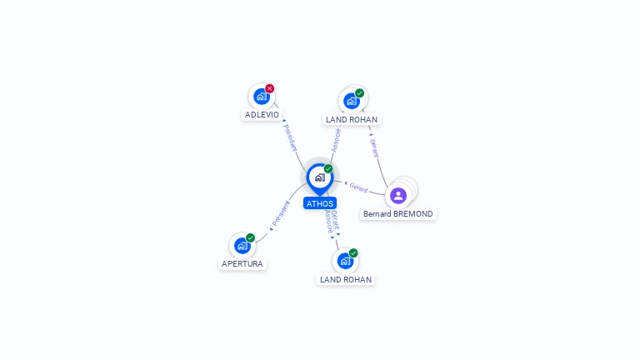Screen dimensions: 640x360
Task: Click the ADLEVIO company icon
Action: [262, 97]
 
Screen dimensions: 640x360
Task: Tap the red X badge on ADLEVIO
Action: [269, 88]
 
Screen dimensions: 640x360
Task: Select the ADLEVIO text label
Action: [262, 115]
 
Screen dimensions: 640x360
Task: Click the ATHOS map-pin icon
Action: [320, 179]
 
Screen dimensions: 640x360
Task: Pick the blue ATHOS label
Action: [320, 203]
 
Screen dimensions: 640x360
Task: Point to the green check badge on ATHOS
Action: [328, 168]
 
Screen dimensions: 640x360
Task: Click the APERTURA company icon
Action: [242, 246]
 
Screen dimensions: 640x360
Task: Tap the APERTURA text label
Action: [242, 263]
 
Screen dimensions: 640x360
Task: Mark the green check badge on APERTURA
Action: [250, 237]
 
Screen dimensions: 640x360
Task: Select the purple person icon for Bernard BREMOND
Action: [398, 196]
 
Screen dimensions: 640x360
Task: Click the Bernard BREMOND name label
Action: [398, 214]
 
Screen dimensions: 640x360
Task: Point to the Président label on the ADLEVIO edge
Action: [290, 138]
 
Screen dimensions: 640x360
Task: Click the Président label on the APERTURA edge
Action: [280, 213]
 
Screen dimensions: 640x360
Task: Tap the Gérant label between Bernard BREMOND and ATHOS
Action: [358, 187]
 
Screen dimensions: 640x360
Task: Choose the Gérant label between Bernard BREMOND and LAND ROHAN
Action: [374, 147]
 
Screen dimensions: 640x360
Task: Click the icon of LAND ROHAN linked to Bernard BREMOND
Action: [352, 101]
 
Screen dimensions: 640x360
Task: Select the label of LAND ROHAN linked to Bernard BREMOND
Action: [352, 120]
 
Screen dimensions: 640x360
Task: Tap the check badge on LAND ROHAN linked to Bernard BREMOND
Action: [359, 93]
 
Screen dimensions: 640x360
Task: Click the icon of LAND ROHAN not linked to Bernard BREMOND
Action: [346, 261]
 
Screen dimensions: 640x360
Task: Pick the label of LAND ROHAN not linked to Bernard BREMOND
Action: [346, 280]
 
